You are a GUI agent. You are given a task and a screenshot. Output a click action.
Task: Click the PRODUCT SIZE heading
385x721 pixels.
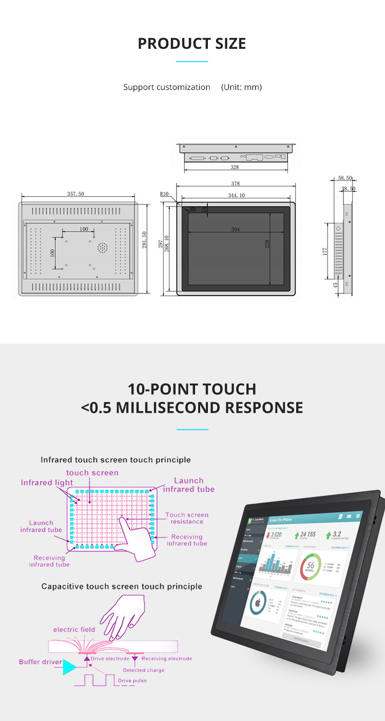[192, 44]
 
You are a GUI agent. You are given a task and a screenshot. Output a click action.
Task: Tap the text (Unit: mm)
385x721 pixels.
[241, 87]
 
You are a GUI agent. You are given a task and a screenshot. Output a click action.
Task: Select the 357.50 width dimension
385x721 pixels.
[75, 194]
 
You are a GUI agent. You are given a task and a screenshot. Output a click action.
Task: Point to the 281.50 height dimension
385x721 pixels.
[145, 240]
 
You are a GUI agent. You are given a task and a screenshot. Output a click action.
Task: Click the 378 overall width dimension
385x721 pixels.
[236, 183]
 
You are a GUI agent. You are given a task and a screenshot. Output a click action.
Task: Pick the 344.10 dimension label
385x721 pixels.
[236, 195]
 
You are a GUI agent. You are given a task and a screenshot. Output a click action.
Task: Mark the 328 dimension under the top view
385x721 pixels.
[235, 167]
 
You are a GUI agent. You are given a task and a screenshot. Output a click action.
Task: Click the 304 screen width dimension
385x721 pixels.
[235, 229]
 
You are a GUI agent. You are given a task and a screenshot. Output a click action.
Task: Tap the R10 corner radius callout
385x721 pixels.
[164, 194]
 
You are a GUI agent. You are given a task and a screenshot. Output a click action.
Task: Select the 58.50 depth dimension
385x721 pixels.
[345, 178]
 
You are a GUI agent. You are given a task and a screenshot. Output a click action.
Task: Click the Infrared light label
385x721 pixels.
[47, 483]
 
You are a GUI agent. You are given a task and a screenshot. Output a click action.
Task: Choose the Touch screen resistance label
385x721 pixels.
[187, 518]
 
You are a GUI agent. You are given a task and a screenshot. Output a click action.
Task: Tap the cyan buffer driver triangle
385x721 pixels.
[69, 667]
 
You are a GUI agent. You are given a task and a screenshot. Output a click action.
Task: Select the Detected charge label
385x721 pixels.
[144, 670]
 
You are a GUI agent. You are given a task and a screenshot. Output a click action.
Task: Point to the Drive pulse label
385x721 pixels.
[132, 680]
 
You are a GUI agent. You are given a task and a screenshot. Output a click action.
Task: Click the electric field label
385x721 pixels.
[74, 630]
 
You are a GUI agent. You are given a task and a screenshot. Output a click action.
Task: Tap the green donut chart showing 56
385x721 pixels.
[311, 566]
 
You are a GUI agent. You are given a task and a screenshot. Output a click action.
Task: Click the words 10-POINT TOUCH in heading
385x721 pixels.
[192, 389]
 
